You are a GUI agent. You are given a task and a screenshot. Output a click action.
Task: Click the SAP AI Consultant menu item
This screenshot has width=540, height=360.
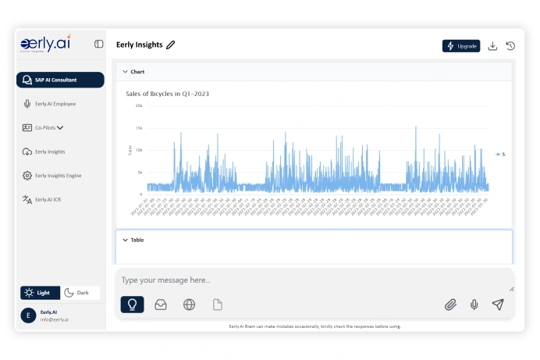coord(60,80)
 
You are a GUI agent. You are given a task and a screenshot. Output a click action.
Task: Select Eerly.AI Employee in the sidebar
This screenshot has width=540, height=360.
coord(55,103)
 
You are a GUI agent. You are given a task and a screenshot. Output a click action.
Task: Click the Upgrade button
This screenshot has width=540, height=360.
coord(461,46)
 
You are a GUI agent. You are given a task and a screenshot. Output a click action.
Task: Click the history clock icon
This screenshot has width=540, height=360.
coord(510,46)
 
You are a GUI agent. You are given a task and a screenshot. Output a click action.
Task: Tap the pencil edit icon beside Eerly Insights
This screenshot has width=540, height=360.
coord(171,45)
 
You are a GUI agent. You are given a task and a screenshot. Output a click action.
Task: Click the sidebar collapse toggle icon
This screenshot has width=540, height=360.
coord(98,45)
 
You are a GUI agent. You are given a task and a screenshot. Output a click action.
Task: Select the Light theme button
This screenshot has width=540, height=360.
coord(40,293)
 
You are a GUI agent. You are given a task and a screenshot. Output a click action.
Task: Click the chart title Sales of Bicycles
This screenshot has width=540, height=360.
coord(167,94)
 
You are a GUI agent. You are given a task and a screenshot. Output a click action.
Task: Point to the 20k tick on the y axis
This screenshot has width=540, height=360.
coord(139,105)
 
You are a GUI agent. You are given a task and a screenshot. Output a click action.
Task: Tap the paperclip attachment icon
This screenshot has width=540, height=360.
coord(450,305)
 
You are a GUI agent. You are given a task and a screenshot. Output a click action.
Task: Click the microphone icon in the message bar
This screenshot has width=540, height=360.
coord(474,305)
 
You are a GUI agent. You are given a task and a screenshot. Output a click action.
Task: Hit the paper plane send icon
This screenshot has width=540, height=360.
coord(498,305)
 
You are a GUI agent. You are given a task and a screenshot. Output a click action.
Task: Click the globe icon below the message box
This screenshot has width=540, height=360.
coord(189,305)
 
